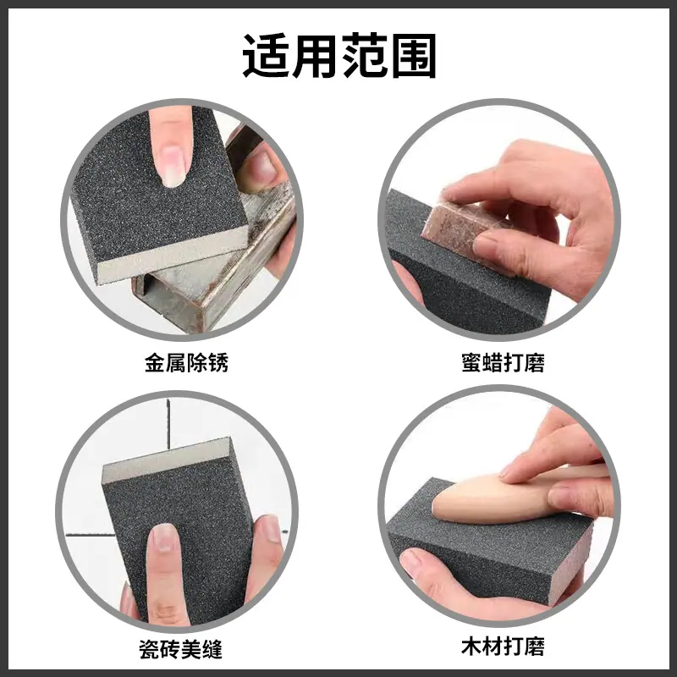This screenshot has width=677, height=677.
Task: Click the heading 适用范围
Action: click(339, 56)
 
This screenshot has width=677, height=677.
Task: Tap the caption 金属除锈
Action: click(186, 363)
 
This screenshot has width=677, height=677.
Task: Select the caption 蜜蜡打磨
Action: click(503, 363)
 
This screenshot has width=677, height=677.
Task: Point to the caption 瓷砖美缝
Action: click(180, 649)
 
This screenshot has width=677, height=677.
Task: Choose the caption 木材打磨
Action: click(503, 647)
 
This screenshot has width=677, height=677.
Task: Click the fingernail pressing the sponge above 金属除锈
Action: click(173, 166)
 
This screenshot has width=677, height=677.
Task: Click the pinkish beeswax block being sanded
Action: click(458, 228)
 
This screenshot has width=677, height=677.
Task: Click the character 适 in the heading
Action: click(266, 56)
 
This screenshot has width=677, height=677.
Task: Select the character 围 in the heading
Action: click(413, 56)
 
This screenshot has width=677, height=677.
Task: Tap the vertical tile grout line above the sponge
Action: click(168, 424)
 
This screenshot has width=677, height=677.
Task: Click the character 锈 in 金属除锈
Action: click(218, 363)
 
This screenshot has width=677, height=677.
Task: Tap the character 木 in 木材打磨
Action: click(471, 647)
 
